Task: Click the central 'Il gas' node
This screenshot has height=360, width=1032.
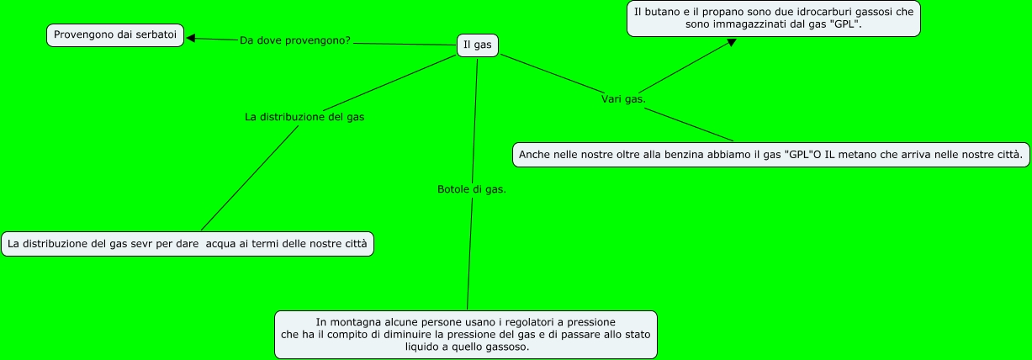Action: click(477, 45)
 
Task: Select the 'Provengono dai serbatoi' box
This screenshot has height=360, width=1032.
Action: click(115, 35)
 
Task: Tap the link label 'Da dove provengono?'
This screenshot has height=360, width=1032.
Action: click(295, 40)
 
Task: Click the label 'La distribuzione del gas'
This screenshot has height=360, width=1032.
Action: click(304, 117)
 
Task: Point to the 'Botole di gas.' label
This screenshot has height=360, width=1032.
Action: click(472, 189)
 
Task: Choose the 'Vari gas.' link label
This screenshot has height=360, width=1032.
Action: click(623, 99)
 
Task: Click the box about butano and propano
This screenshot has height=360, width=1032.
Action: click(774, 19)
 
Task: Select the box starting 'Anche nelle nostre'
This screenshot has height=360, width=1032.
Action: click(770, 155)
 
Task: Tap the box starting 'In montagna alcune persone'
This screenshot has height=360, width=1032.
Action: click(465, 335)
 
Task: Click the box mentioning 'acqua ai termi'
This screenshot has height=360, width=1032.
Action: click(187, 244)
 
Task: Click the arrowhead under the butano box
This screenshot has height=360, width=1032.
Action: click(731, 42)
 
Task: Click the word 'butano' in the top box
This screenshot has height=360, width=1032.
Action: click(660, 12)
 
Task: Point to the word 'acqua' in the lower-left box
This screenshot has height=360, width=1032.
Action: click(221, 244)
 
